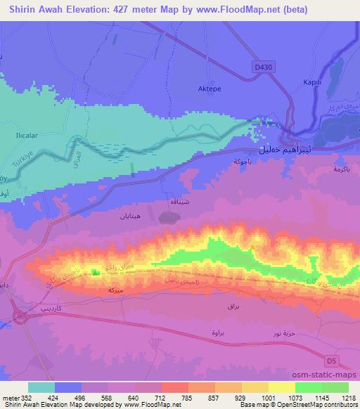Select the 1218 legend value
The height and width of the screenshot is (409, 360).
(349, 397)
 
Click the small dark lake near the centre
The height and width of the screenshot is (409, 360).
(169, 219)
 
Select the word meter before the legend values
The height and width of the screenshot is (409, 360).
(11, 397)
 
